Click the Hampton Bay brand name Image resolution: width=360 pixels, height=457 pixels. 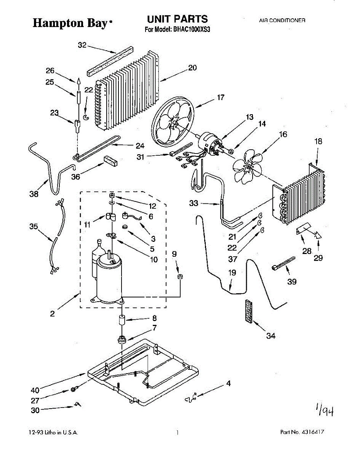[70, 23]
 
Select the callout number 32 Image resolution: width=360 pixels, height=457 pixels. [82, 45]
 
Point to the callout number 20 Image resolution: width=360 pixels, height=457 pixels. [192, 68]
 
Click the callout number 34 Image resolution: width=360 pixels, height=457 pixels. [270, 336]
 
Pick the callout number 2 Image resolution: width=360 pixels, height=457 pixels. [52, 314]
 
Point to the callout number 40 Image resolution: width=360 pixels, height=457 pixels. [35, 390]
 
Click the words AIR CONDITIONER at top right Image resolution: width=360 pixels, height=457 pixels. [282, 21]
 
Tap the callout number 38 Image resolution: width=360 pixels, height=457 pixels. [34, 194]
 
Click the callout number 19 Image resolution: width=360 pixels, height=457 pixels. [232, 273]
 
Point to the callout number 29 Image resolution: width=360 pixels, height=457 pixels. [318, 258]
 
